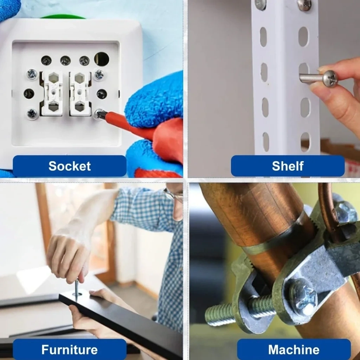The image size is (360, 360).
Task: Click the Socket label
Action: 70,166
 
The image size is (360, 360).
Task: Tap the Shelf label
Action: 288,166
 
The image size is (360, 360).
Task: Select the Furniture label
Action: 70,350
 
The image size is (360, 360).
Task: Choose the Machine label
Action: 294,350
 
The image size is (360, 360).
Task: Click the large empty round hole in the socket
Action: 102,59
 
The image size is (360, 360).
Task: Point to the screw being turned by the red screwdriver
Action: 99,114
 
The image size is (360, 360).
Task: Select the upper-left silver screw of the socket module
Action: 32,74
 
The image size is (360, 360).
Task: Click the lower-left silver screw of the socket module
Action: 32,114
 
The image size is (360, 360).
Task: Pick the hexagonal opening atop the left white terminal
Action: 53,77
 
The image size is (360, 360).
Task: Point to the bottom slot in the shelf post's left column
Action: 266,142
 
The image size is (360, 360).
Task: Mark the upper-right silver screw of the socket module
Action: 99,75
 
